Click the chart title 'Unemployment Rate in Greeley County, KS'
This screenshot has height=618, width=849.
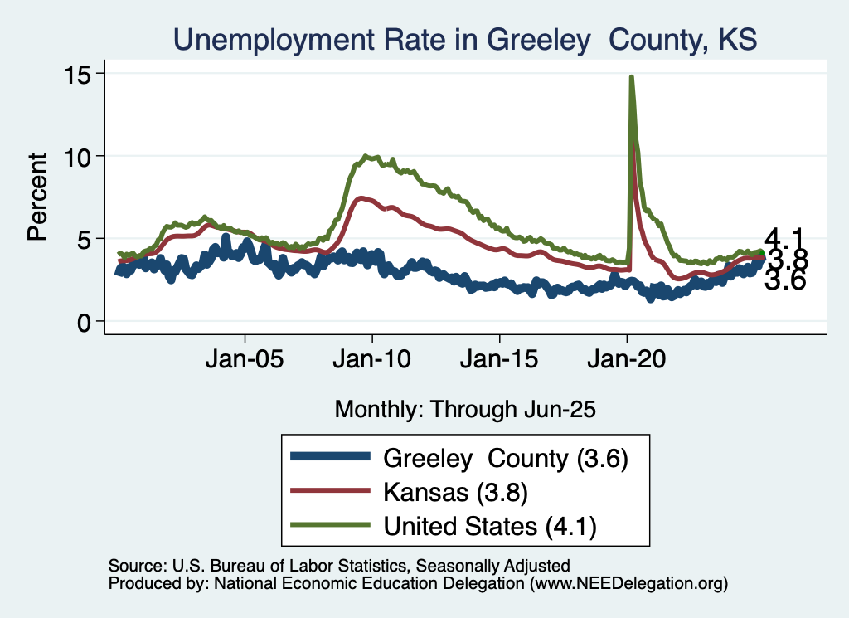(464, 38)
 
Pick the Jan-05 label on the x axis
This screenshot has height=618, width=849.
(245, 362)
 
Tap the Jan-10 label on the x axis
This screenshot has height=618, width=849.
(372, 362)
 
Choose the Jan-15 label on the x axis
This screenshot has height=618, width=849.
(499, 362)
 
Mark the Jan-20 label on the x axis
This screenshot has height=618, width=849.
(627, 362)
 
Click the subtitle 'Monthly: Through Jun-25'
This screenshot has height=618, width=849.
(465, 408)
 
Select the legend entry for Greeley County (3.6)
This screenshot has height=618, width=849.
(505, 457)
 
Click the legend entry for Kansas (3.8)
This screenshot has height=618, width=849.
(455, 491)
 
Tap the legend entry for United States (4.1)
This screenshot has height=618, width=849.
(489, 525)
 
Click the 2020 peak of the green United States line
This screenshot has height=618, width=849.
(632, 77)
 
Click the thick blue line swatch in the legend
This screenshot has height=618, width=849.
(329, 457)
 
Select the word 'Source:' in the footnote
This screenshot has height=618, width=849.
(137, 566)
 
